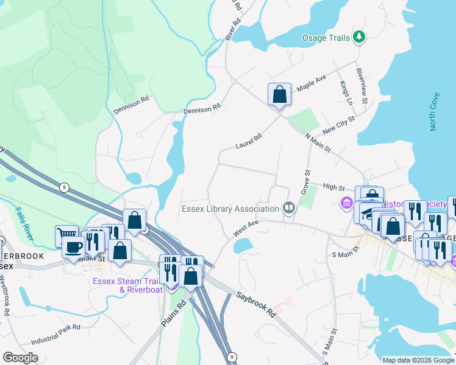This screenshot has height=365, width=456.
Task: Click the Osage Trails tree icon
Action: [360, 38]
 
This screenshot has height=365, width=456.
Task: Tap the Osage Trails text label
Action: [326, 38]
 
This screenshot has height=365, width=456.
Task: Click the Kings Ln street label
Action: [346, 92]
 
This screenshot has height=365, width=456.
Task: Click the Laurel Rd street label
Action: [248, 142]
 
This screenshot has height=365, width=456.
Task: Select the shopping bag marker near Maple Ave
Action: [279, 95]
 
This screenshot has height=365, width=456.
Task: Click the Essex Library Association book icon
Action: [288, 209]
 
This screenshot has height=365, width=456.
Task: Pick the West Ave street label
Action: [246, 229]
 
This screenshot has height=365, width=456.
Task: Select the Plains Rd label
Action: [173, 313]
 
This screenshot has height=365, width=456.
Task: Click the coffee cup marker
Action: [73, 248]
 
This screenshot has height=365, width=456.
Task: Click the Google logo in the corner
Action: [21, 357]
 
